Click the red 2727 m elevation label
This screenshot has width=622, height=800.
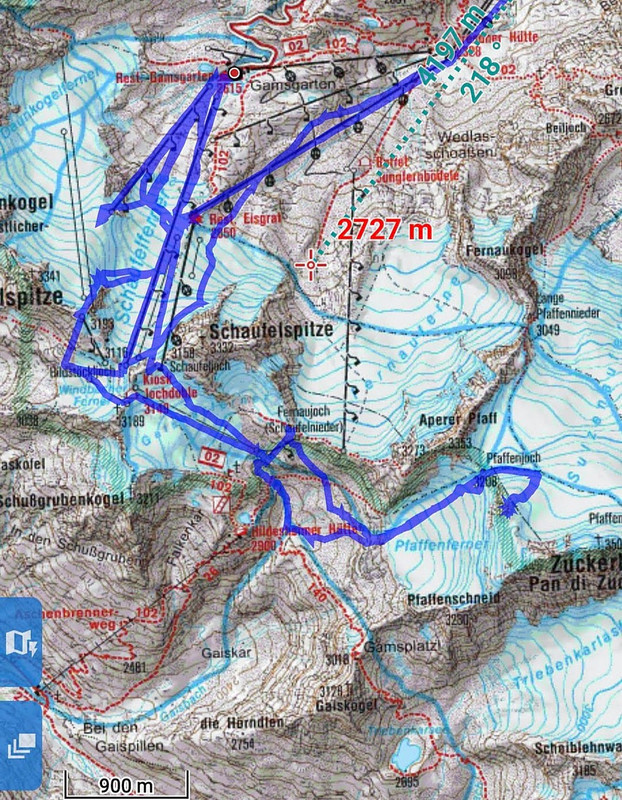pos(385,229)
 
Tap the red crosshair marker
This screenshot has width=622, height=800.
pos(312,264)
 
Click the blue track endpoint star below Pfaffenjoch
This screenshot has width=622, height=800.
pos(509,509)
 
